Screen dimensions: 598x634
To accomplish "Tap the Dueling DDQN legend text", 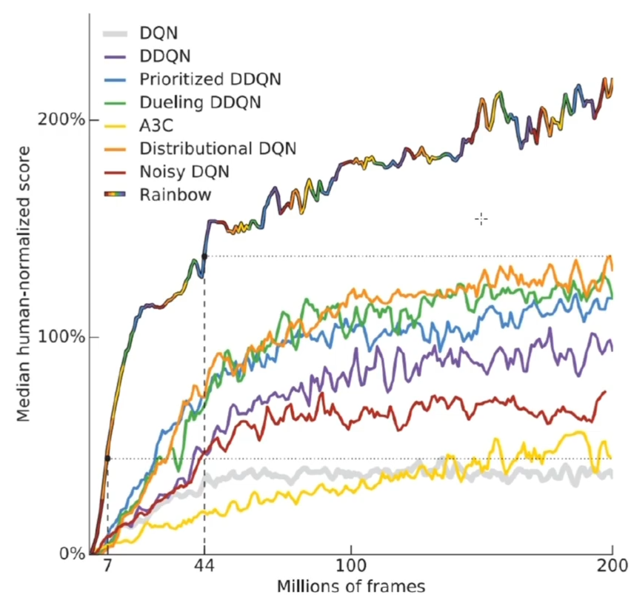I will point(199,101).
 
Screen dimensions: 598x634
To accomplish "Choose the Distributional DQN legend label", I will point(217,147).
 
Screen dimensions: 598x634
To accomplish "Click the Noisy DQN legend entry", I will point(184,170).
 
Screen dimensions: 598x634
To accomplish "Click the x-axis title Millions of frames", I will point(351,586).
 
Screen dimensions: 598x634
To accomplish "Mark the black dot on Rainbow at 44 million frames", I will point(204,256).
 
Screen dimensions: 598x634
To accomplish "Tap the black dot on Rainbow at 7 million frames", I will point(107,459).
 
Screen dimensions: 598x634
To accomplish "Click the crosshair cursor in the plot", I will point(481,219).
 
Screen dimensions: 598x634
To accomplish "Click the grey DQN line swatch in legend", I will point(116,33).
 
